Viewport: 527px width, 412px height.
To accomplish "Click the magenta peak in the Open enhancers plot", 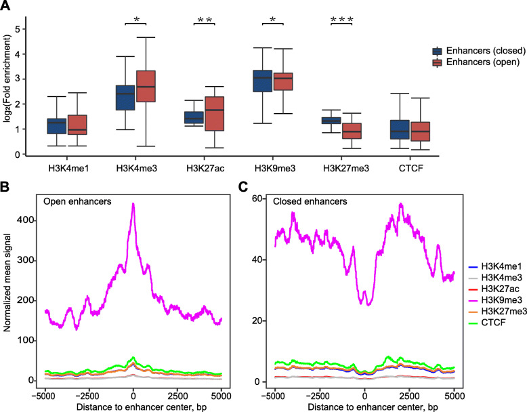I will pyautogui.click(x=133, y=205).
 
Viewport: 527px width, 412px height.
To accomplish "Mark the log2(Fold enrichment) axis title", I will pyautogui.click(x=8, y=81).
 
